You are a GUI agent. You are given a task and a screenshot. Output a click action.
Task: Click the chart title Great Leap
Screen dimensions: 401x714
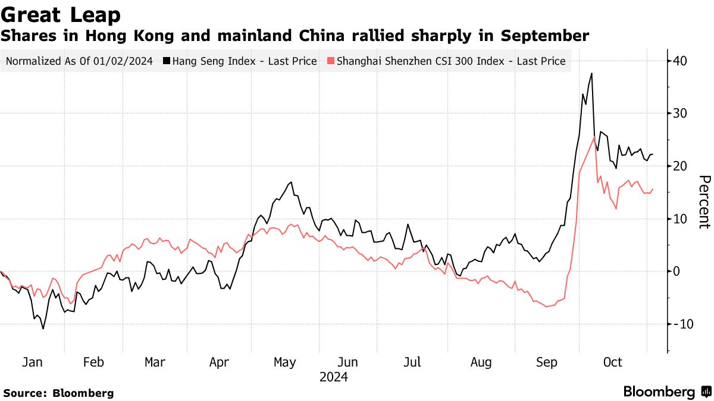pyautogui.click(x=61, y=14)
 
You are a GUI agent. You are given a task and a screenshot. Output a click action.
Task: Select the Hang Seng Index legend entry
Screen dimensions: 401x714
pyautogui.click(x=244, y=61)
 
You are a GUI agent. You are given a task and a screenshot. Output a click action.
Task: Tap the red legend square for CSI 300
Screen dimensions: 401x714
pyautogui.click(x=331, y=61)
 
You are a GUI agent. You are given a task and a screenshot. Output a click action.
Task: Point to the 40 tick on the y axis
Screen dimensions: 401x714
pyautogui.click(x=681, y=61)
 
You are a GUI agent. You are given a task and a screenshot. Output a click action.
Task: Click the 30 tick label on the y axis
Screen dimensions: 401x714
pyautogui.click(x=681, y=113)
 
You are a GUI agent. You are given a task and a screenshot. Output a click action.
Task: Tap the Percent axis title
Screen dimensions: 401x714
pyautogui.click(x=704, y=201)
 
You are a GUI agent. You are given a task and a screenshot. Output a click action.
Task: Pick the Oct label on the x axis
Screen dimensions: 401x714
pyautogui.click(x=612, y=362)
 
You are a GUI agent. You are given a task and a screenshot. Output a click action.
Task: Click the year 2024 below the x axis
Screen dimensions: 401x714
pyautogui.click(x=333, y=377)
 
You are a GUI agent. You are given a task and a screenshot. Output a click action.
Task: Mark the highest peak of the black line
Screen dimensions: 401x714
pyautogui.click(x=591, y=74)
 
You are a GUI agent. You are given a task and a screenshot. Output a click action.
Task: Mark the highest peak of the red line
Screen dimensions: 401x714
pyautogui.click(x=594, y=137)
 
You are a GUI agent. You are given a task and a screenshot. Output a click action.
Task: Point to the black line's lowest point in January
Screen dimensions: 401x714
pyautogui.click(x=43, y=329)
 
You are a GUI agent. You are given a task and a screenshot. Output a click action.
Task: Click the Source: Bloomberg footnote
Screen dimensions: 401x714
pyautogui.click(x=58, y=393)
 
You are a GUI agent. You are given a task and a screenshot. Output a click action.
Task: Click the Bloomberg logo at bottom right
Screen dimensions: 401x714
pyautogui.click(x=666, y=392)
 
